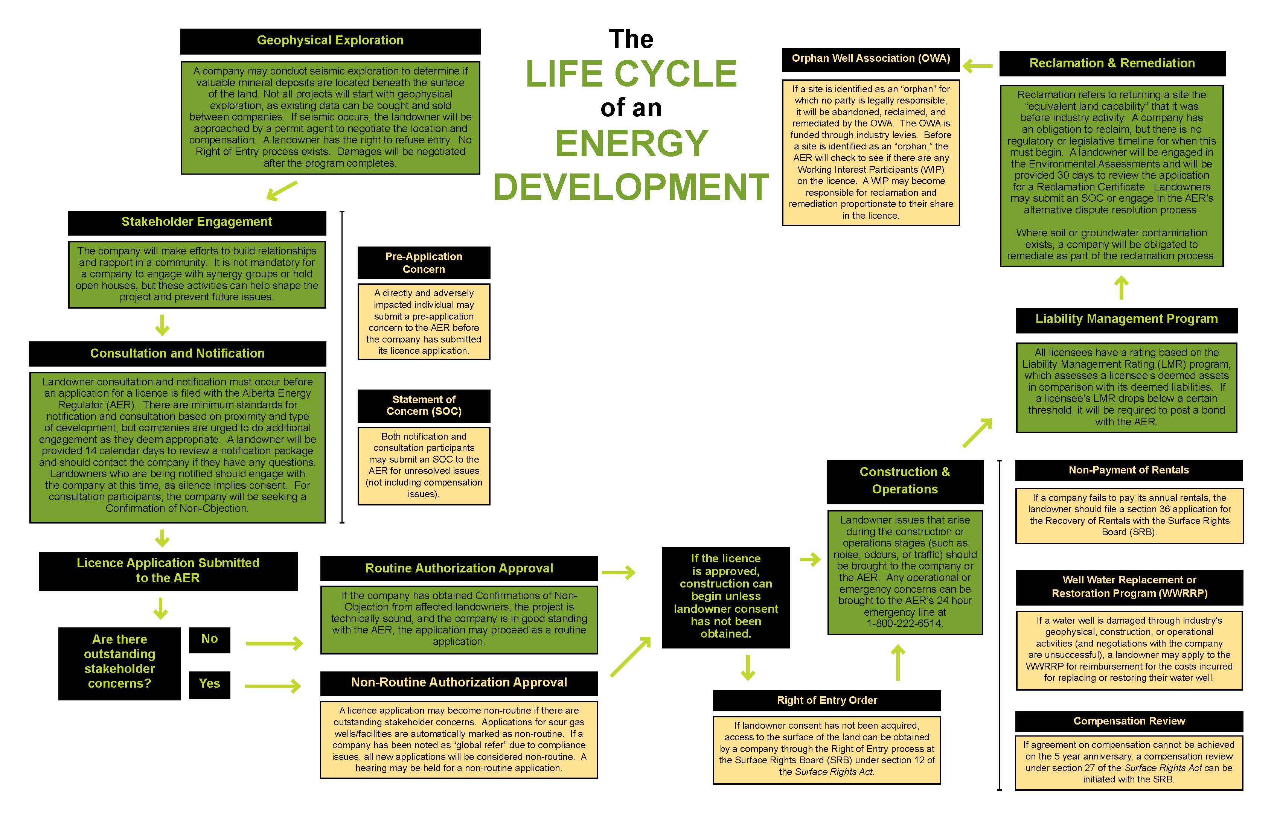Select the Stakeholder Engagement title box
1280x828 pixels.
pos(197,222)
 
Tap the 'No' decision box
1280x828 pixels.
pos(209,639)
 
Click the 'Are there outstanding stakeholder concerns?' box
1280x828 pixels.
pos(119,662)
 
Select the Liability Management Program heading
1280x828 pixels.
pos(1126,320)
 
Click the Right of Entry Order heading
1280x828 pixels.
pos(827,700)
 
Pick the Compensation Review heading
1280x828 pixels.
pos(1129,721)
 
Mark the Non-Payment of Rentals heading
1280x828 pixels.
pos(1128,470)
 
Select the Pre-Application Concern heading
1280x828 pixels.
pos(424,263)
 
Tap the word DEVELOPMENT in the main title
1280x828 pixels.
pos(631,187)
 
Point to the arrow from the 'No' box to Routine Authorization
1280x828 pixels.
pos(274,643)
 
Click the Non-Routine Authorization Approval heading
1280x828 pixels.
pos(459,683)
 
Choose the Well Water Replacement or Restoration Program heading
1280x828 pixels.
pos(1129,587)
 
